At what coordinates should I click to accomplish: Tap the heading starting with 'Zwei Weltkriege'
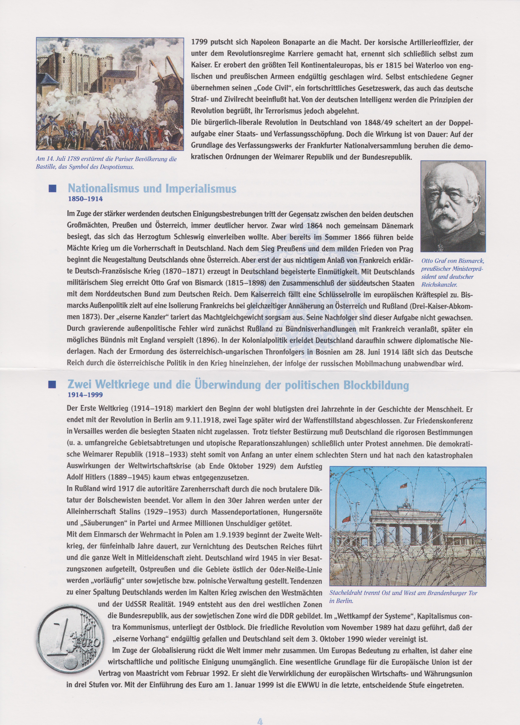(x=238, y=385)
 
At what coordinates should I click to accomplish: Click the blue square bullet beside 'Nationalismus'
(x=52, y=189)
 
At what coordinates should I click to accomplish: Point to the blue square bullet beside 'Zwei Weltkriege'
(x=52, y=385)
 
